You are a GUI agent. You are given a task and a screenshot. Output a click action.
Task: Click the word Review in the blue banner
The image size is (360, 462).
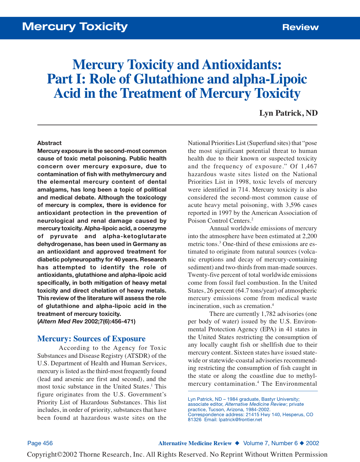pyautogui.click(x=300, y=27)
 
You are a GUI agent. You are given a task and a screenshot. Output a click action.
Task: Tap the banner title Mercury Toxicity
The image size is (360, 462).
pyautogui.click(x=75, y=27)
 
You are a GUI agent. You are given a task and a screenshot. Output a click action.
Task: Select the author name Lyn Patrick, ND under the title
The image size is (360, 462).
pyautogui.click(x=288, y=113)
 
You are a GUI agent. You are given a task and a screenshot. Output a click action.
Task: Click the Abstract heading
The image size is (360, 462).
pyautogui.click(x=49, y=143)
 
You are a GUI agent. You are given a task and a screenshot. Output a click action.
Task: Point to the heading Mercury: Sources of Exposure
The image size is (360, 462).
pyautogui.click(x=91, y=339)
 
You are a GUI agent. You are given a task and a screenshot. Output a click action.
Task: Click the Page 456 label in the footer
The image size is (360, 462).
pyautogui.click(x=40, y=443)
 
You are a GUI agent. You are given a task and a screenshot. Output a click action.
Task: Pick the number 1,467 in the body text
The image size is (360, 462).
pyautogui.click(x=309, y=166)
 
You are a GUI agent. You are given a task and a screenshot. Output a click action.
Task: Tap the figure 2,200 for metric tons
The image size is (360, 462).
pyautogui.click(x=309, y=236)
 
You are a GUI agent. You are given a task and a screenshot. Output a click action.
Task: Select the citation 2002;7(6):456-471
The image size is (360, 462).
pyautogui.click(x=110, y=321)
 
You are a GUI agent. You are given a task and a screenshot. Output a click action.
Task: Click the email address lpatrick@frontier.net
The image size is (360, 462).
pyautogui.click(x=240, y=419)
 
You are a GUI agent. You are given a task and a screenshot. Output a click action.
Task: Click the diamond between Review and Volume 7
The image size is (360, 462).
pyautogui.click(x=237, y=443)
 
